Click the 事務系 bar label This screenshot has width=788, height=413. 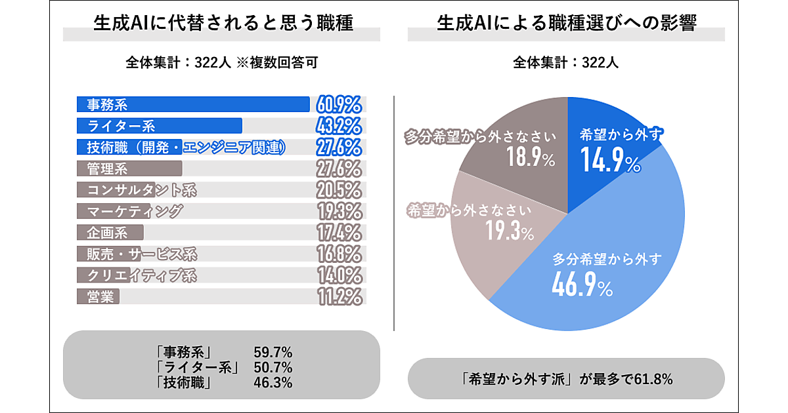pos(107,105)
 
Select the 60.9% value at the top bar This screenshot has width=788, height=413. pos(339,105)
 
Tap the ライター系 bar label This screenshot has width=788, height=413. pos(121,126)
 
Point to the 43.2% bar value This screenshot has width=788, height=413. pos(339,126)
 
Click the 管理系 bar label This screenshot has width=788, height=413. pos(107,169)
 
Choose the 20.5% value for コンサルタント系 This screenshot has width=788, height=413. pos(339,190)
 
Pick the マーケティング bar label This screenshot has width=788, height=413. pos(135,212)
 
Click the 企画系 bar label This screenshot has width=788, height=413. pos(107,233)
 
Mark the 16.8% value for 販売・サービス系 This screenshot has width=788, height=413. pos(339,254)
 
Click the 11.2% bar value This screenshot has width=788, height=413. pos(339,296)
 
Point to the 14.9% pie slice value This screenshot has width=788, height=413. pos(610,161)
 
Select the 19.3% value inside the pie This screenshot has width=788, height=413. pos(509,231)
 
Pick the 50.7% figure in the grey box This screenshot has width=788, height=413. pos(273,367)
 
